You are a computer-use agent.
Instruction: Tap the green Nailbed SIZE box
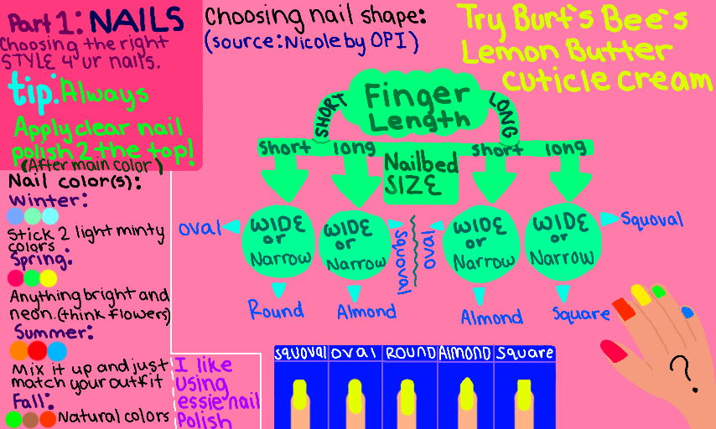click(421, 174)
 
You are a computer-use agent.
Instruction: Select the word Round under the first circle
click(275, 310)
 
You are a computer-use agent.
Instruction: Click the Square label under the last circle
click(581, 314)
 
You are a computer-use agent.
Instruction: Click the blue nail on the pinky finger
click(688, 313)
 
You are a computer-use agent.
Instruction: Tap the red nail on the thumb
click(613, 350)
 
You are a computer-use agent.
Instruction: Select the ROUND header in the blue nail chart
click(410, 353)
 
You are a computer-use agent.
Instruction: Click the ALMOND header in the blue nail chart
click(464, 353)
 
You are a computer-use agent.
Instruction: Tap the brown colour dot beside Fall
click(30, 418)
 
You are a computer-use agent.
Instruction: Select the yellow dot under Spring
click(49, 278)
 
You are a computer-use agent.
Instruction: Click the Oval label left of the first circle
click(199, 228)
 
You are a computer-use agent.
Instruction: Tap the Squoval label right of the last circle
click(651, 220)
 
